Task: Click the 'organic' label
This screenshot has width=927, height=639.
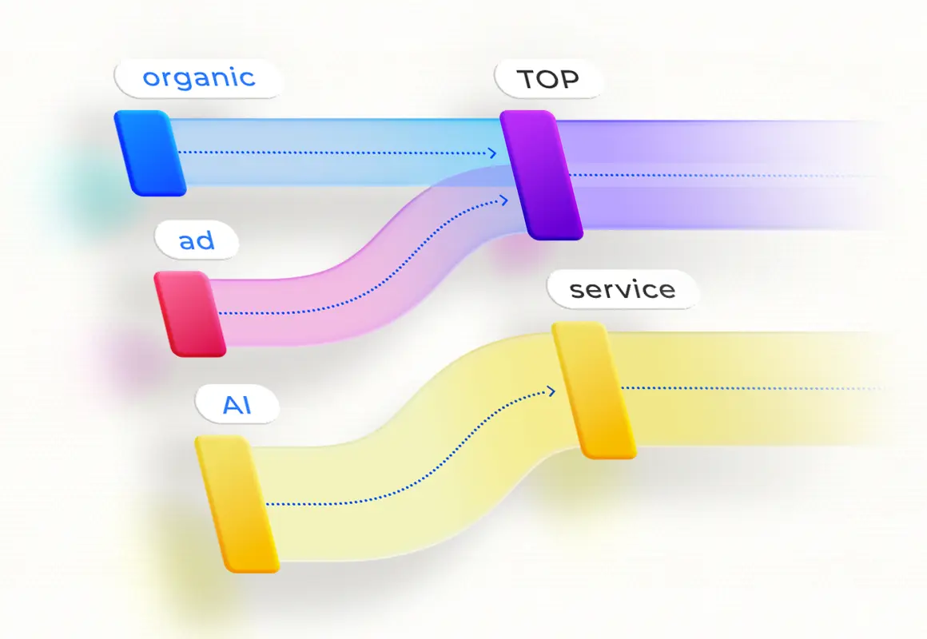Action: (x=198, y=78)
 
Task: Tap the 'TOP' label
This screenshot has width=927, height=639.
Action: (x=547, y=79)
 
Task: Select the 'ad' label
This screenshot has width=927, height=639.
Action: (x=197, y=240)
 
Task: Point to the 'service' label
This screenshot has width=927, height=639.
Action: (x=623, y=289)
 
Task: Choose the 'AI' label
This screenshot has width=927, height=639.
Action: (x=237, y=405)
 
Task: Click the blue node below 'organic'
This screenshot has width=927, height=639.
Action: (x=149, y=153)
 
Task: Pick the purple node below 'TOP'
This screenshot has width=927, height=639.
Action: (x=541, y=174)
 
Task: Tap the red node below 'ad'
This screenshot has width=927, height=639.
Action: (x=189, y=313)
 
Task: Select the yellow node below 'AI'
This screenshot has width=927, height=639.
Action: (x=237, y=503)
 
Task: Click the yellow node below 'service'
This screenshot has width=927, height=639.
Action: (x=594, y=390)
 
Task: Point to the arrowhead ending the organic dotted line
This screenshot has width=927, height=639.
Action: (x=493, y=153)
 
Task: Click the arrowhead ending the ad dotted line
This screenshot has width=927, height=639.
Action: (x=503, y=200)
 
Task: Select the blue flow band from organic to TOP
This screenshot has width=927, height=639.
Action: (x=336, y=136)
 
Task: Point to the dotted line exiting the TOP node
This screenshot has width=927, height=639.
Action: (x=719, y=175)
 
